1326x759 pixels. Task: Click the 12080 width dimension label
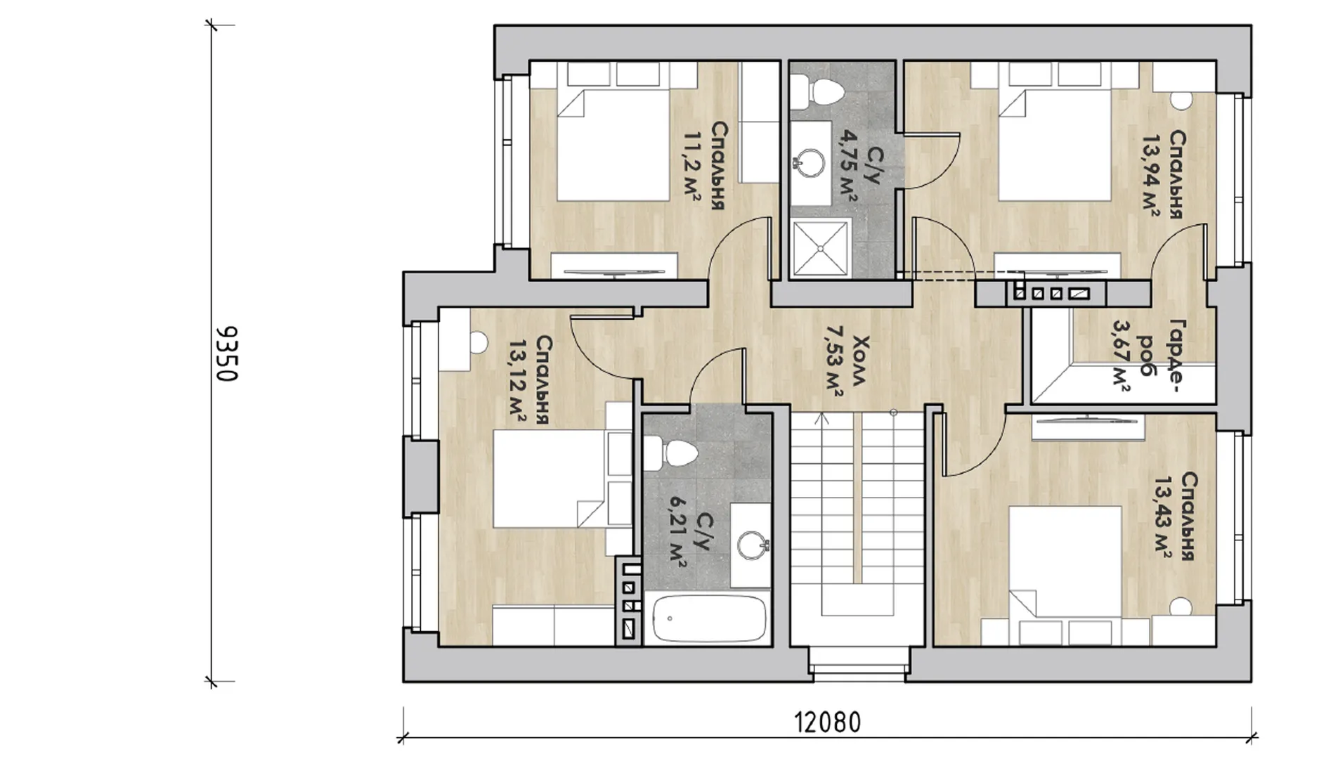[827, 722]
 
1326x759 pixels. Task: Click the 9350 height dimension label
[227, 353]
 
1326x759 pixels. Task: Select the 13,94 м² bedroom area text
[1150, 174]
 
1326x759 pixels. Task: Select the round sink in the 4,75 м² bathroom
[812, 162]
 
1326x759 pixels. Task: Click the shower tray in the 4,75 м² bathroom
[821, 247]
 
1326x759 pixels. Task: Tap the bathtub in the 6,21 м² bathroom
[708, 618]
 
